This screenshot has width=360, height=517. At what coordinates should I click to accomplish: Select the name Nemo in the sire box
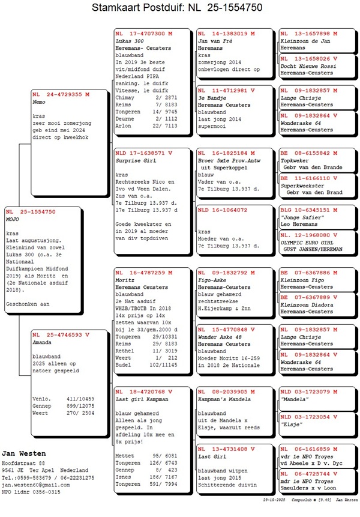click(39, 102)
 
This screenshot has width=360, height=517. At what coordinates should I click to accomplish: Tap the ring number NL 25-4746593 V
click(61, 335)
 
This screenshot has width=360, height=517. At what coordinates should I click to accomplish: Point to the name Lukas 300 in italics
click(130, 40)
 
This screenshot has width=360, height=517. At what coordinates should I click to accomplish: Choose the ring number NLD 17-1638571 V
click(144, 154)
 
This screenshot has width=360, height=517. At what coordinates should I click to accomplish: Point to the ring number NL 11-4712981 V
click(226, 89)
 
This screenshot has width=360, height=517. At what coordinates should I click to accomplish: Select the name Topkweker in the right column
click(295, 161)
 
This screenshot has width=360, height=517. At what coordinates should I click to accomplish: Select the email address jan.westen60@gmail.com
click(35, 485)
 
